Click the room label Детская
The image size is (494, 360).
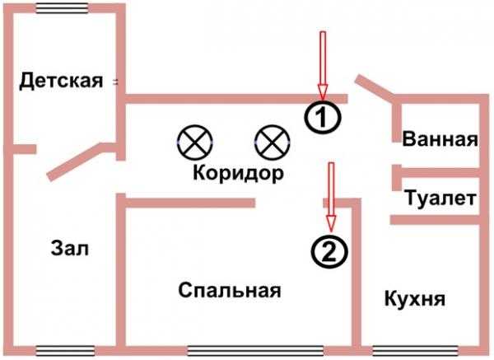point(61,81)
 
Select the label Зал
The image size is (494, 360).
point(68,248)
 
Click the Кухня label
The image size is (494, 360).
point(415,298)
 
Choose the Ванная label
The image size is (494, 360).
point(440,139)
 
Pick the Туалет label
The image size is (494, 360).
point(440,199)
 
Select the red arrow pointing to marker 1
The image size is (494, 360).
point(323,64)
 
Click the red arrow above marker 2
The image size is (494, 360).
point(331,196)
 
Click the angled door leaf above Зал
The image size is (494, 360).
point(79,161)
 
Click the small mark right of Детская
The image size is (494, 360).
point(114,81)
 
